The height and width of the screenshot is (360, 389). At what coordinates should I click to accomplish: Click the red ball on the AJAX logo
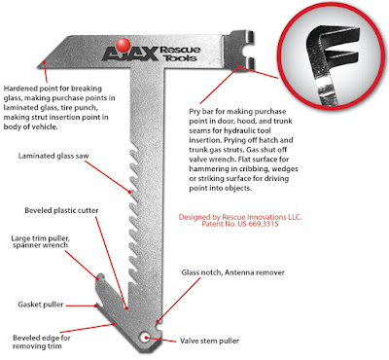tap(124, 45)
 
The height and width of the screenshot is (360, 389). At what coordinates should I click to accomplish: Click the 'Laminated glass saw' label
tap(53, 156)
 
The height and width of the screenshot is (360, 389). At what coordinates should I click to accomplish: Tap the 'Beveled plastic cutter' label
tap(61, 210)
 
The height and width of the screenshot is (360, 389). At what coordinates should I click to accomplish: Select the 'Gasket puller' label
tap(41, 305)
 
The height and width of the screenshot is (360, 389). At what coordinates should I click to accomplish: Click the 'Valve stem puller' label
tap(209, 341)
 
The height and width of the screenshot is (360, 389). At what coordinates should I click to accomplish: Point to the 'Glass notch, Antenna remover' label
tap(232, 272)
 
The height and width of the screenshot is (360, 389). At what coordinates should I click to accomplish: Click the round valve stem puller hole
tap(145, 338)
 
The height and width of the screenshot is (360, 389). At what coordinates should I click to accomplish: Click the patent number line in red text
tap(240, 224)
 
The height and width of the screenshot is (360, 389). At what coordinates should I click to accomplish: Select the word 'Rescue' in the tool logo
tap(180, 50)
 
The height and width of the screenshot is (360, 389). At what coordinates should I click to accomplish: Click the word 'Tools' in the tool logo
tap(180, 58)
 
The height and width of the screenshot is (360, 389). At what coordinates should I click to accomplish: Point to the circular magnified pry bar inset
tap(332, 57)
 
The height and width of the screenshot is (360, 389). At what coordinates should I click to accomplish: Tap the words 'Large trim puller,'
tap(41, 238)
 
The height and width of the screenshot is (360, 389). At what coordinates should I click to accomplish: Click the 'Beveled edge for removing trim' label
tap(42, 342)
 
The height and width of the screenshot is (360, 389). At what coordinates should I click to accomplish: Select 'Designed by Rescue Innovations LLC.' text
tap(240, 217)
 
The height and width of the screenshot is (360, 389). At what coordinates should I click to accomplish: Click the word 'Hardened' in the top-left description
tap(20, 89)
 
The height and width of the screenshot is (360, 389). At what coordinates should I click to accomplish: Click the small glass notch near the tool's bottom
tap(158, 322)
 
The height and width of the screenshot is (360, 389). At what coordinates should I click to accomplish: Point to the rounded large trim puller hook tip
tap(100, 276)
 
